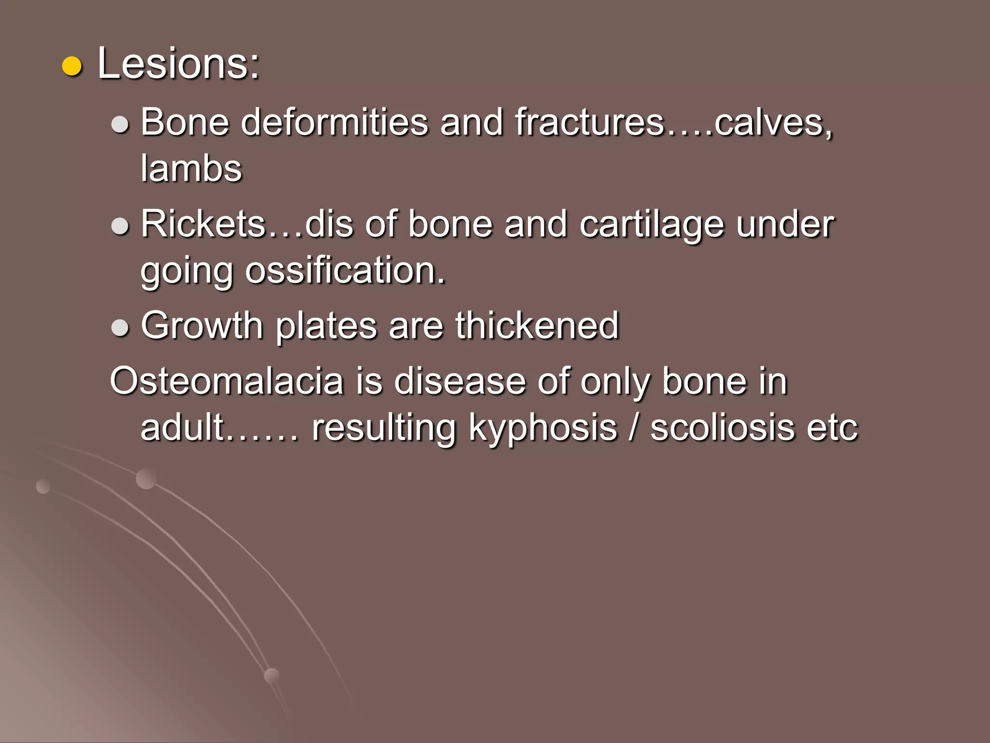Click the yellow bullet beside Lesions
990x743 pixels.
pos(72,66)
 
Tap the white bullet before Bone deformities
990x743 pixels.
pos(120,124)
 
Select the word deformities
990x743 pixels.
pos(335,122)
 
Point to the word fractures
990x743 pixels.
pos(589,122)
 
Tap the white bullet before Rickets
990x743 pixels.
pos(120,226)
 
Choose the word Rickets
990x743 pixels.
pos(204,224)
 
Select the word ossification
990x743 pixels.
pos(345,271)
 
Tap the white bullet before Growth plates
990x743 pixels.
pos(120,327)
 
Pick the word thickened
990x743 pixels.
pos(537,326)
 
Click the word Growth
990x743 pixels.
pos(202,326)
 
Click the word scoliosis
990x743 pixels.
pos(722,428)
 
